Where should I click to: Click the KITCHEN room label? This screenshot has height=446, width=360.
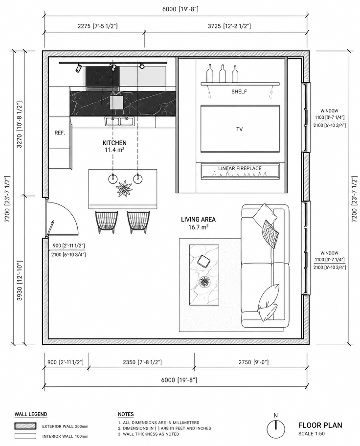coord(114,143)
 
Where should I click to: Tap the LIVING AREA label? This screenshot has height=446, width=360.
coord(199,219)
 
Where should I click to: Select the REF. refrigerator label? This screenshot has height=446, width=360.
coord(60,133)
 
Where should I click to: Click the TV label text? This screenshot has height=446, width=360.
coord(239,130)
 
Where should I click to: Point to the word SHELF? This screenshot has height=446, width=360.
coord(239,91)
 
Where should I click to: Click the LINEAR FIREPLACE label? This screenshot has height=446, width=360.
coord(240,168)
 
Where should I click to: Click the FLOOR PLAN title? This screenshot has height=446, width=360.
coord(320,425)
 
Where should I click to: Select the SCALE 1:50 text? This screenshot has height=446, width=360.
coord(312,434)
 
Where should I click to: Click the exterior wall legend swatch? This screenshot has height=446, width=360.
coord(25,426)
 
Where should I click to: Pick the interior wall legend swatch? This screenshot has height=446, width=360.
coord(25,436)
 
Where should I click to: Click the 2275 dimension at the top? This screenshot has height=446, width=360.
coord(98,26)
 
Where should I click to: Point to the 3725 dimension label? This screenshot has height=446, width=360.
coord(229,26)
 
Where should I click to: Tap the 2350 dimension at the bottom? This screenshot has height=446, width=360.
coord(142,362)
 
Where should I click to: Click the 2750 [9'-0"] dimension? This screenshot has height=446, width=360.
coord(253,362)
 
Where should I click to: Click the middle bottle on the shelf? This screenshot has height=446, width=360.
coord(222,73)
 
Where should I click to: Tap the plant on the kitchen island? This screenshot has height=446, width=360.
coord(124,188)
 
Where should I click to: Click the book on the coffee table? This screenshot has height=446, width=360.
coord(204,261)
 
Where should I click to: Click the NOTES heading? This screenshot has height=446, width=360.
coord(126,414)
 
